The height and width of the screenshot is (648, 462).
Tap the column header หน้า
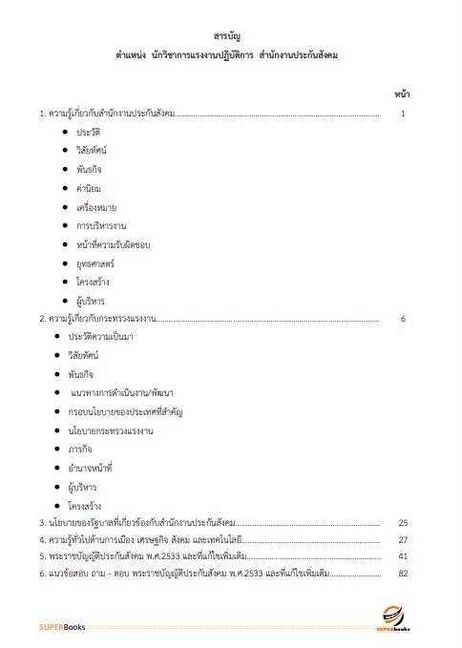(402, 94)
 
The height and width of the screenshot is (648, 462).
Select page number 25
(403, 523)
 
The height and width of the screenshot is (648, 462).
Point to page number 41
(403, 556)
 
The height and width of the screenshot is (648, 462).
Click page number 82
(403, 574)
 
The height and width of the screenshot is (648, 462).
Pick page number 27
(403, 540)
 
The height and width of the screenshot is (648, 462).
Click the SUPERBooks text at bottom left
(63, 626)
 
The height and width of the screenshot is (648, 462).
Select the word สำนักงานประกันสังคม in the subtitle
(298, 56)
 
